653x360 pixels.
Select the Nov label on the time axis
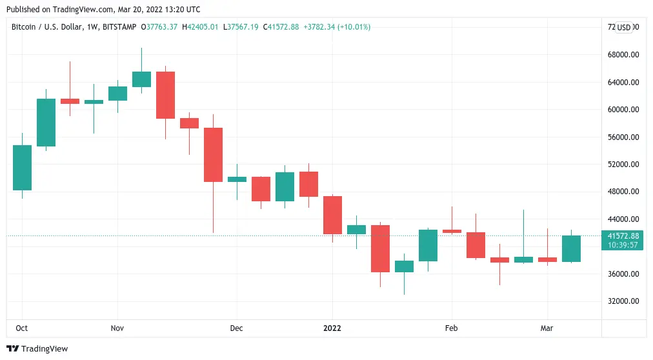[x=117, y=328]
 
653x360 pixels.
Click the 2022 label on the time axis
[x=332, y=328]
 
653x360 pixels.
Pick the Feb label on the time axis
[x=451, y=328]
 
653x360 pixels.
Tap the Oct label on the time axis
[x=22, y=328]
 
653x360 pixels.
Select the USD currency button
[x=624, y=27]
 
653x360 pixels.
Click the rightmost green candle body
[x=571, y=248]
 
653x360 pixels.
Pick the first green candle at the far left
[x=22, y=168]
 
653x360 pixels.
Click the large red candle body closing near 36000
[x=380, y=248]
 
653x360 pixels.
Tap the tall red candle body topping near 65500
[x=165, y=95]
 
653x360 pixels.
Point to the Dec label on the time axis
[x=236, y=328]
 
